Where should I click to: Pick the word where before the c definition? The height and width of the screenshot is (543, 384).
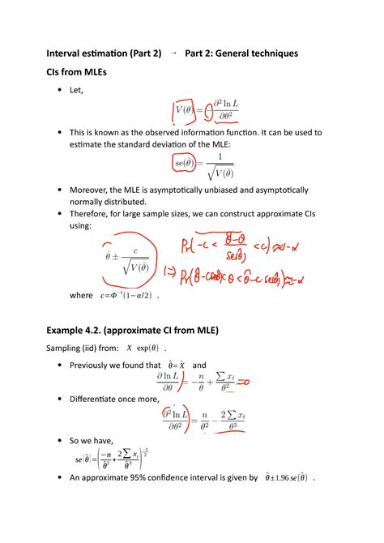coord(81,296)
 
